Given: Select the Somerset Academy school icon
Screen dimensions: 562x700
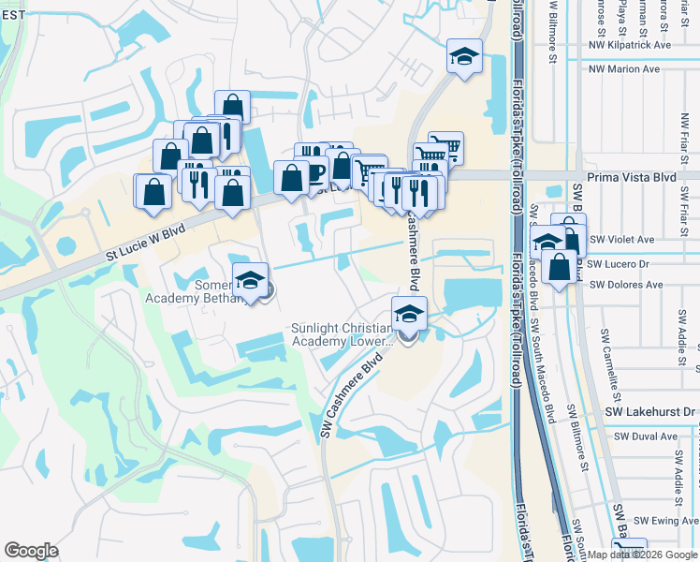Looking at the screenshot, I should pyautogui.click(x=250, y=279).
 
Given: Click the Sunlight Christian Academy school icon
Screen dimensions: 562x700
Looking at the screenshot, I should pyautogui.click(x=408, y=314).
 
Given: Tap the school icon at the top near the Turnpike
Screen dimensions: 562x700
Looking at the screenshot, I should pyautogui.click(x=464, y=56).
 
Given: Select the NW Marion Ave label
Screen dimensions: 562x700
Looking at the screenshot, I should pyautogui.click(x=624, y=68).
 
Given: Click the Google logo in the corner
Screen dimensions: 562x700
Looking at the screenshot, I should pyautogui.click(x=32, y=551).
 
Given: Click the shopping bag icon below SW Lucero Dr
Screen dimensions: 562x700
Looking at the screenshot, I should pyautogui.click(x=559, y=267).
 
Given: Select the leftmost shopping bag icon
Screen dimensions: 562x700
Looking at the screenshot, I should pyautogui.click(x=153, y=191).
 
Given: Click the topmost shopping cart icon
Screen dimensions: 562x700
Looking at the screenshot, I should pyautogui.click(x=445, y=147).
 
